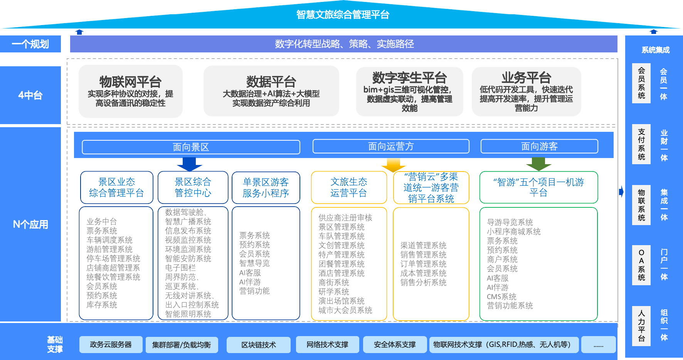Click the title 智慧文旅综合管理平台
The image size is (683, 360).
pos(342,15)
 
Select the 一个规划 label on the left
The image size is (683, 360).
pos(30,44)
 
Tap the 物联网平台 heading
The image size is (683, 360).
pos(130,82)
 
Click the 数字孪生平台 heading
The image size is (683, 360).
pos(409,78)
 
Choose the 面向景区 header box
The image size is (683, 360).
pos(191,147)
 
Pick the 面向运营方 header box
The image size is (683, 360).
pos(391,146)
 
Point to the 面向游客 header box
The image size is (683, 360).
pos(539,146)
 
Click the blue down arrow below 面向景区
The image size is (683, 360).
pos(189,164)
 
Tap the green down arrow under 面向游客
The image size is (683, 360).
pos(538,164)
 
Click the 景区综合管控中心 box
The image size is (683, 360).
pos(193,187)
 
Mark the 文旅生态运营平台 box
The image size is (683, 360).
pos(348,187)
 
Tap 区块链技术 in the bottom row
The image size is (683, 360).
pos(259,345)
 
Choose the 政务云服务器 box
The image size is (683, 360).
pos(111,345)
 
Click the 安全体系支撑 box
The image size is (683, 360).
pos(395,345)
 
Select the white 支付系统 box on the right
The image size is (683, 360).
pos(641,144)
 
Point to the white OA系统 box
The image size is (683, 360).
pos(641,265)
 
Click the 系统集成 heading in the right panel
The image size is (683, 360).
pos(655,50)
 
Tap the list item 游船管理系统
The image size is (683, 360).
pos(109,249)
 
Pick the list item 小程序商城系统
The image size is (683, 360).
pos(513,232)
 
